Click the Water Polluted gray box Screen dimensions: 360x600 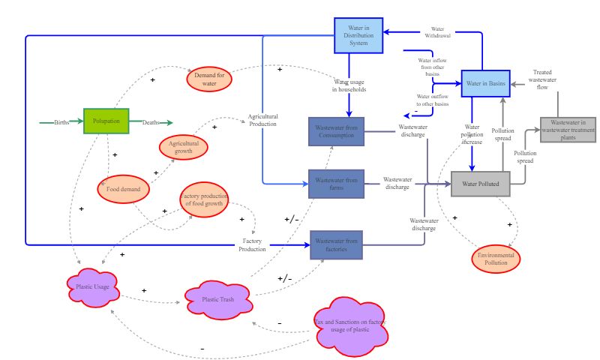pyautogui.click(x=481, y=184)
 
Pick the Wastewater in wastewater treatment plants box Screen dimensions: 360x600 pyautogui.click(x=568, y=130)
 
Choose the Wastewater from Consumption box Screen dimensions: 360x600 pyautogui.click(x=336, y=132)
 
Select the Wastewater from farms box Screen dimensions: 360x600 pyautogui.click(x=336, y=184)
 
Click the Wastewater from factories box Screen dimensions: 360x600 pyautogui.click(x=336, y=244)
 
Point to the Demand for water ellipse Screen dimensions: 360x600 pyautogui.click(x=210, y=79)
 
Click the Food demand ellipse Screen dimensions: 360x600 pyautogui.click(x=124, y=189)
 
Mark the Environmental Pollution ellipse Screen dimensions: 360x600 pyautogui.click(x=495, y=259)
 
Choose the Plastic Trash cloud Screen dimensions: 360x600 pyautogui.click(x=218, y=300)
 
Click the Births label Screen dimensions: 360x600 pyautogui.click(x=61, y=122)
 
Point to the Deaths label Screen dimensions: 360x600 pyautogui.click(x=151, y=122)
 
